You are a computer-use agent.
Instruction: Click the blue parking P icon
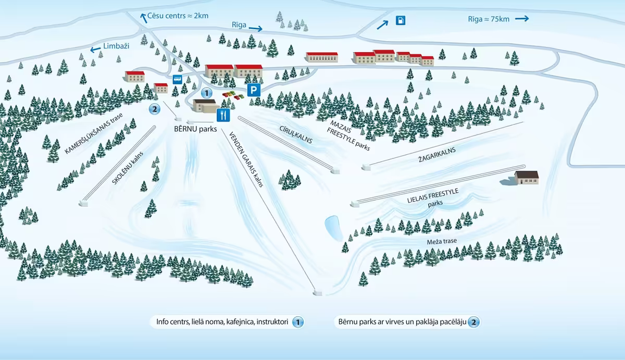[253, 90]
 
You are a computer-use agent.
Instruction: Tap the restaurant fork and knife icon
[223, 115]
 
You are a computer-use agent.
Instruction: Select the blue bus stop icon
[177, 80]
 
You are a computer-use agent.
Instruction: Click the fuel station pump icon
[400, 21]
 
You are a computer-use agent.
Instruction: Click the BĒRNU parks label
[195, 129]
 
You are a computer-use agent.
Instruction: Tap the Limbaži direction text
[116, 46]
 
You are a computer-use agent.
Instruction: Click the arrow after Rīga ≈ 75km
[522, 19]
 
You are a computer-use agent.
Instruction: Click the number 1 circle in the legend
[297, 322]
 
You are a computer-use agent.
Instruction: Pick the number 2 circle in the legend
[473, 322]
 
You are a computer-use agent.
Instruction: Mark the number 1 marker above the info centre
[207, 93]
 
